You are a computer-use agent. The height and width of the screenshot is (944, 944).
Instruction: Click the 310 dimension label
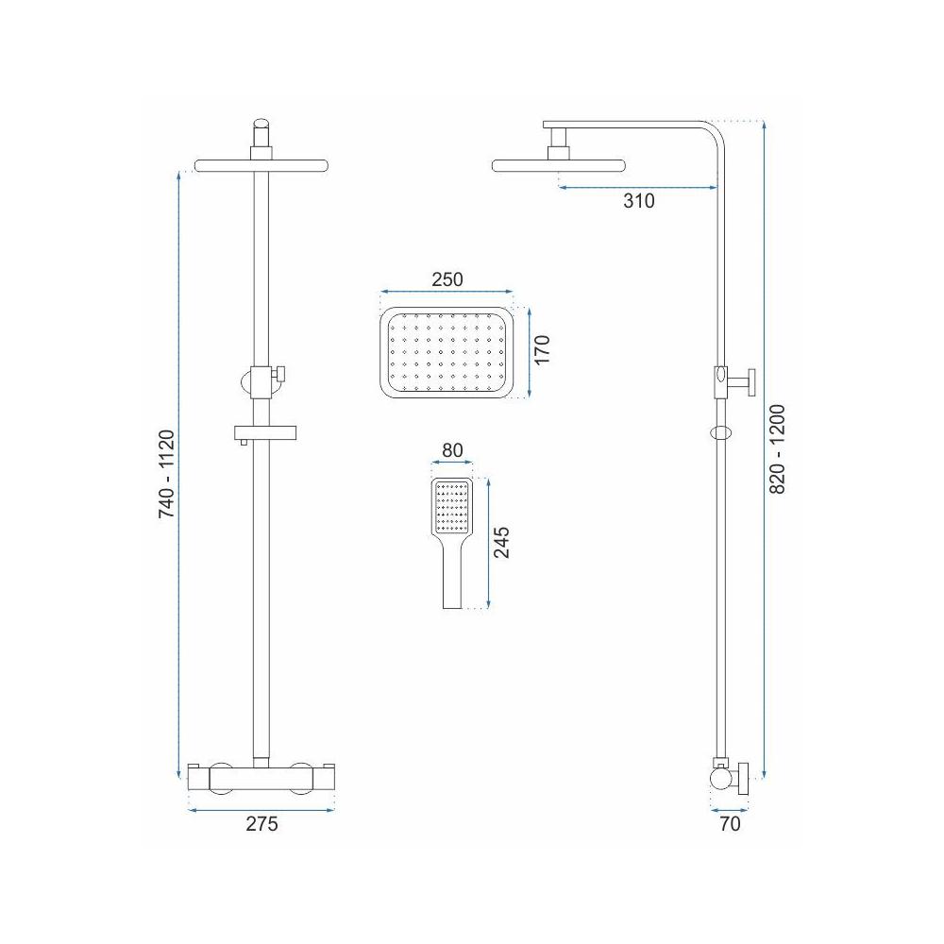click(638, 200)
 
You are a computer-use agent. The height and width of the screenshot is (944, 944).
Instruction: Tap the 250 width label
click(447, 279)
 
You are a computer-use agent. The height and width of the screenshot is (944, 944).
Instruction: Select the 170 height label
click(543, 349)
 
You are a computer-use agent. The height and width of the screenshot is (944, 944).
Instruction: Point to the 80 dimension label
click(452, 450)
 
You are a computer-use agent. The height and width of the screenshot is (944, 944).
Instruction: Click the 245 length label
click(501, 543)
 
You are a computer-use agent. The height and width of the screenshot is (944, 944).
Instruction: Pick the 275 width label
click(261, 823)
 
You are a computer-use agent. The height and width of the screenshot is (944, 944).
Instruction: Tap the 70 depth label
click(730, 823)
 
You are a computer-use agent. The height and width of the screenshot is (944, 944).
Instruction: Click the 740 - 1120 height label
click(166, 474)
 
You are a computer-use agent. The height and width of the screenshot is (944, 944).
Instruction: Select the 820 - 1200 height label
click(778, 449)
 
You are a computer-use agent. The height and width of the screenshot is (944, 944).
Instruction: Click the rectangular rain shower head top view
click(447, 353)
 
